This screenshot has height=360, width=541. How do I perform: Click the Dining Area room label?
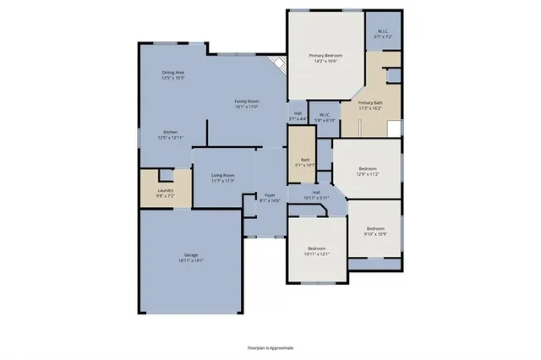173,73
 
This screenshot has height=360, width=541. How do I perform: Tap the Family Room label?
246,101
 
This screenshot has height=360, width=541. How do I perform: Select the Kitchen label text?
170,132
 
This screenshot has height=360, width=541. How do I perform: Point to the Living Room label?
222,175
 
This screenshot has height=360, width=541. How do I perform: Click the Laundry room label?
165,190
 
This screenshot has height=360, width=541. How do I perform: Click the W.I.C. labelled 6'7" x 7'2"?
384,35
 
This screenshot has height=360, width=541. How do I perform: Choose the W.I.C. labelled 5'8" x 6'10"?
325,116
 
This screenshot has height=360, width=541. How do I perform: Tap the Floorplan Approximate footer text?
270,347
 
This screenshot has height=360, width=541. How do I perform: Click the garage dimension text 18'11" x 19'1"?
191,260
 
